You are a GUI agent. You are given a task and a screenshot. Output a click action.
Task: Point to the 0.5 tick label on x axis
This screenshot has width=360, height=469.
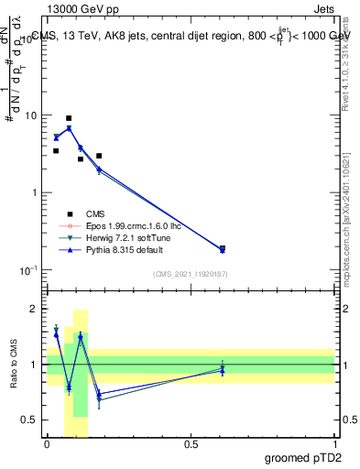191,443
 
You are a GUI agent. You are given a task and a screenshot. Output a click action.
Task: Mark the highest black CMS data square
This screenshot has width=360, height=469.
69,118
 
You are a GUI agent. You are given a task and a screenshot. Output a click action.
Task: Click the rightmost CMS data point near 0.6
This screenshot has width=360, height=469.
223,248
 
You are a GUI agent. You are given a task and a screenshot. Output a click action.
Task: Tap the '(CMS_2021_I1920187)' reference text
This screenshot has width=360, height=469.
190,273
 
